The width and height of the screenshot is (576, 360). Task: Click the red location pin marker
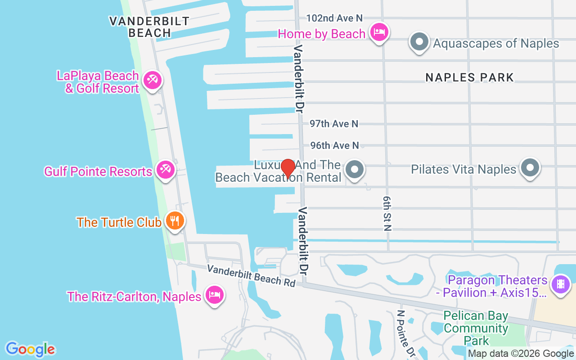click(x=288, y=169)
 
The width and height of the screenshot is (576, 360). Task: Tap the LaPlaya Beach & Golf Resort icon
click(x=152, y=81)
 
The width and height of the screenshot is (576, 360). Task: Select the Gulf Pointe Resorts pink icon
click(x=165, y=170)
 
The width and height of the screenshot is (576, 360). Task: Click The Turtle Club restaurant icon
click(x=174, y=221)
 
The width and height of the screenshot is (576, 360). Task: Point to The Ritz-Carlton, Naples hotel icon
click(x=214, y=295)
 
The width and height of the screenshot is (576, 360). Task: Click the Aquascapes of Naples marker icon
click(x=419, y=42)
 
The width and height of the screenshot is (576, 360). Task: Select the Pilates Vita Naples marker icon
click(x=530, y=168)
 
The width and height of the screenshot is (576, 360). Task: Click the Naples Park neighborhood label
click(x=469, y=77)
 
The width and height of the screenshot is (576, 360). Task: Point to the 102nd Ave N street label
click(x=334, y=18)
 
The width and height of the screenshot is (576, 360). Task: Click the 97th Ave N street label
click(x=334, y=123)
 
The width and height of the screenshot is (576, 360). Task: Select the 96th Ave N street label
click(x=334, y=145)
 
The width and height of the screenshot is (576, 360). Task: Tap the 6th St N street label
click(x=387, y=213)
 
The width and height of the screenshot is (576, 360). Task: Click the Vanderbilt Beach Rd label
click(x=251, y=275)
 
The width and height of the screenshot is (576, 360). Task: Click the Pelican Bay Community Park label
click(x=476, y=328)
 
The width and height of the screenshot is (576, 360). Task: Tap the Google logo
click(x=30, y=349)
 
